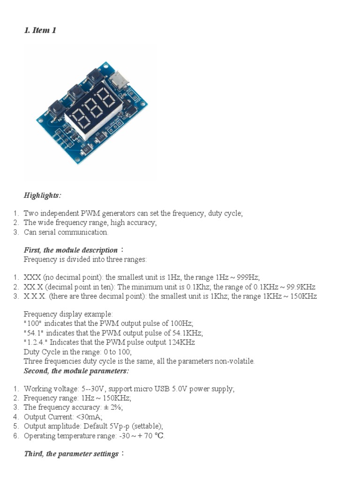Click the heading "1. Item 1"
click(40, 31)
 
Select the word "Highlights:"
click(42, 195)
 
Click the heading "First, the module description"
click(71, 250)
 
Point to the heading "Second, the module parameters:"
click(76, 371)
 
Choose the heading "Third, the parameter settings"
click(71, 454)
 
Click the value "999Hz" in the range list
click(249, 277)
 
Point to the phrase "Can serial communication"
click(66, 232)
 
